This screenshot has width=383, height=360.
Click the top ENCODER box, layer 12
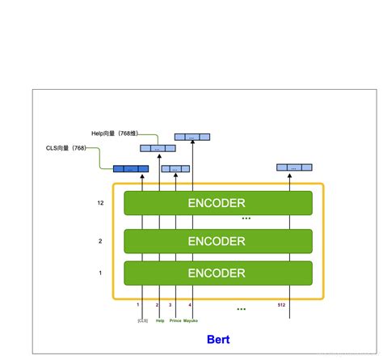pyautogui.click(x=217, y=203)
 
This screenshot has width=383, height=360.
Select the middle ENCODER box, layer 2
pyautogui.click(x=217, y=241)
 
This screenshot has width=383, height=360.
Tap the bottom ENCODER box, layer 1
pyautogui.click(x=217, y=273)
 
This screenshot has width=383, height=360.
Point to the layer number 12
pyautogui.click(x=100, y=204)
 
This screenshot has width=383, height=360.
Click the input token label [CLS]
pyautogui.click(x=142, y=320)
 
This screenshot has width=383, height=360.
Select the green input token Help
pyautogui.click(x=159, y=320)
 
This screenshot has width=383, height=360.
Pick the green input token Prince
pyautogui.click(x=175, y=320)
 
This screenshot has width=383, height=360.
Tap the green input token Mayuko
pyautogui.click(x=191, y=320)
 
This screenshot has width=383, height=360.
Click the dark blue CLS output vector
pyautogui.click(x=130, y=168)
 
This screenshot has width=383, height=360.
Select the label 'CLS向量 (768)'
pyautogui.click(x=66, y=148)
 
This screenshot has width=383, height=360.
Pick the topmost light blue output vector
pyautogui.click(x=192, y=137)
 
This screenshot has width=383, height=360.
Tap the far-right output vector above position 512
pyautogui.click(x=293, y=167)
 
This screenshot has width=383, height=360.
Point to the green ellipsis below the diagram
pyautogui.click(x=241, y=309)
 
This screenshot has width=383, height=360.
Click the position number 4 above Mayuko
pyautogui.click(x=191, y=305)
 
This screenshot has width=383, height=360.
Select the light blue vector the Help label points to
pyautogui.click(x=158, y=148)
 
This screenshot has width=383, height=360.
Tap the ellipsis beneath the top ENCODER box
pyautogui.click(x=246, y=219)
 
